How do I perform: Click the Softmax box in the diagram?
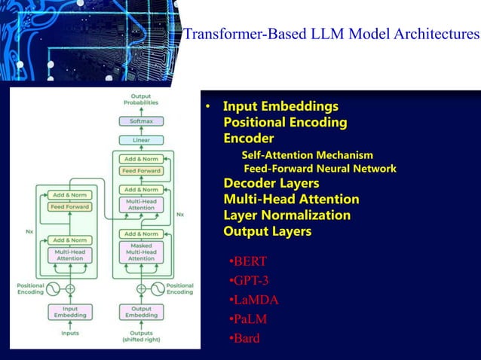click(x=141, y=121)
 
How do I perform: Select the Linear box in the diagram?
click(x=141, y=139)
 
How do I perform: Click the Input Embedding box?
click(x=70, y=311)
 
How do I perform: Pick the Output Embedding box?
click(x=141, y=311)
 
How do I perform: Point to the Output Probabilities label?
click(x=141, y=100)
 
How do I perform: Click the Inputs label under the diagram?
click(x=70, y=334)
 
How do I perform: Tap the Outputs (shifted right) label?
click(x=141, y=337)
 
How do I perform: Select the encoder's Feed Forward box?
click(x=70, y=206)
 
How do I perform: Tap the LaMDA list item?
click(x=255, y=300)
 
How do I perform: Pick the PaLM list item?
click(x=250, y=319)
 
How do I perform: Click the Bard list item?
click(x=246, y=338)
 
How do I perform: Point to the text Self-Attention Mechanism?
click(x=307, y=155)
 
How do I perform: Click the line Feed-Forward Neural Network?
click(x=319, y=169)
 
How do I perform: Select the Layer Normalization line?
click(x=286, y=215)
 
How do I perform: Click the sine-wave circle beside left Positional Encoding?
click(x=54, y=289)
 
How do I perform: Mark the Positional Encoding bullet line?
click(x=285, y=122)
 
